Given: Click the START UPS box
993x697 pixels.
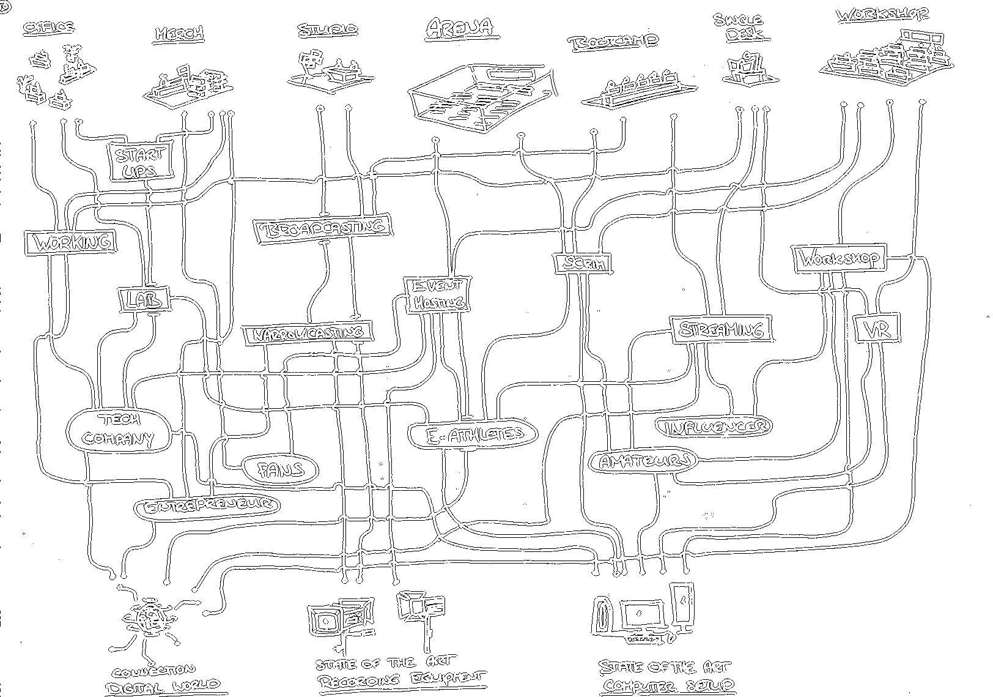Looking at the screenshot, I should tap(139, 162).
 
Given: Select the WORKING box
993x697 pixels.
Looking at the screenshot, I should tap(71, 242).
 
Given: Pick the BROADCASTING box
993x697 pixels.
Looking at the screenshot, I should tap(323, 229).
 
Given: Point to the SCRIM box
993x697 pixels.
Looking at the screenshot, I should tap(583, 264).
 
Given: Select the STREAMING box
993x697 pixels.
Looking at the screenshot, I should tap(721, 330).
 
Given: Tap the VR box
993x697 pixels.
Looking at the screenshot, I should tap(877, 330).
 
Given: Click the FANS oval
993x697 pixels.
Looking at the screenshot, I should tap(281, 470).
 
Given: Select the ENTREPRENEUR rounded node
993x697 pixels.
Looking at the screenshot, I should tap(206, 506).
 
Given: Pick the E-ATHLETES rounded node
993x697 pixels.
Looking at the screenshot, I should tap(474, 434).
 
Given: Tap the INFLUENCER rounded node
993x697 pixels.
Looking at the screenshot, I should tap(714, 427).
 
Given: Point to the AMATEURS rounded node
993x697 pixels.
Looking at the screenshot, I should tap(643, 461).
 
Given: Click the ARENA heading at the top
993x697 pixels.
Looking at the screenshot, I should tap(459, 28).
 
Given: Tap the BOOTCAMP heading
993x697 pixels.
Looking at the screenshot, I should tap(613, 42).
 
